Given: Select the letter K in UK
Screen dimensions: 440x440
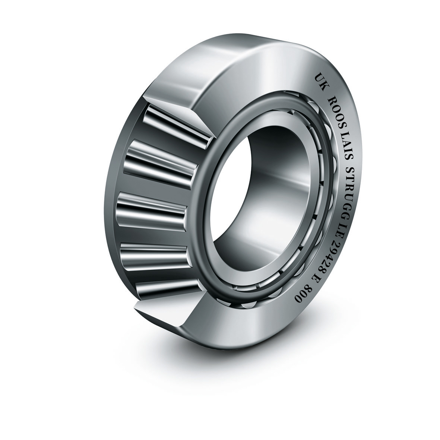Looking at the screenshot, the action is [324, 84].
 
